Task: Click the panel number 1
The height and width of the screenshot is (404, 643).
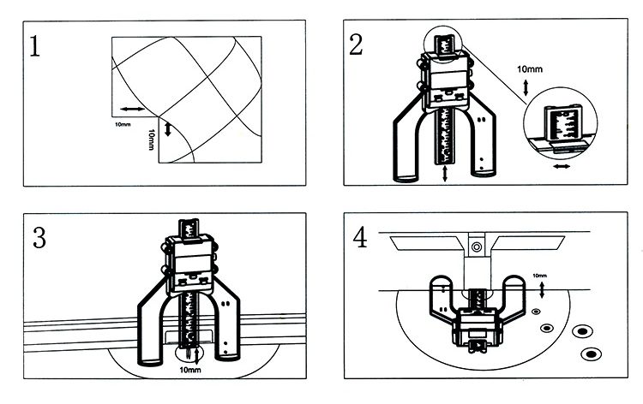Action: [x=35, y=46]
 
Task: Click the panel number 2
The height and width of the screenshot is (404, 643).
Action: [x=356, y=45]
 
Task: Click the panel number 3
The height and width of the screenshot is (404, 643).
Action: [x=39, y=237]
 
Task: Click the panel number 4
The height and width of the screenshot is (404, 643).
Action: [x=360, y=237]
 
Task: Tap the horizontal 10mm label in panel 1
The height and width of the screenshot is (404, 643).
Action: [x=123, y=124]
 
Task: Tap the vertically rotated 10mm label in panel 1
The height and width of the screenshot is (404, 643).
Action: [x=151, y=140]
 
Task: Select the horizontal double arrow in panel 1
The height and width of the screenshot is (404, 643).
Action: [x=132, y=109]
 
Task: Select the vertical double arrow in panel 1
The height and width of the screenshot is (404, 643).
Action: [x=167, y=128]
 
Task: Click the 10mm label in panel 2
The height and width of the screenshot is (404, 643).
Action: [x=530, y=69]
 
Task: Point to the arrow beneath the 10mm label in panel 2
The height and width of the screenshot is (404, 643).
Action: [x=526, y=87]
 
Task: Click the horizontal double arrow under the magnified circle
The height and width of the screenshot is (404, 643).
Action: [x=562, y=166]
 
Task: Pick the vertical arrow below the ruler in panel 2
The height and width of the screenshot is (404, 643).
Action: [x=445, y=174]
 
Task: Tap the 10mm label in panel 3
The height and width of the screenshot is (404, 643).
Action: [x=190, y=370]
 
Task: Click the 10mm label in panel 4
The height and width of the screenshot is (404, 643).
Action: [x=539, y=276]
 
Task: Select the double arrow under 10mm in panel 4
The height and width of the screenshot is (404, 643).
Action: [x=542, y=290]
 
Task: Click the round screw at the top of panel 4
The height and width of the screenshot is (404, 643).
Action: [x=476, y=247]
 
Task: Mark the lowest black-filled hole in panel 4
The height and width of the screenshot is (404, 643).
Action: [x=591, y=353]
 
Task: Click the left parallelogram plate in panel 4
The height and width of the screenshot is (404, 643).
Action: [x=426, y=243]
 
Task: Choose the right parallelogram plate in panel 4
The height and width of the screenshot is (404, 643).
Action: [x=528, y=243]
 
